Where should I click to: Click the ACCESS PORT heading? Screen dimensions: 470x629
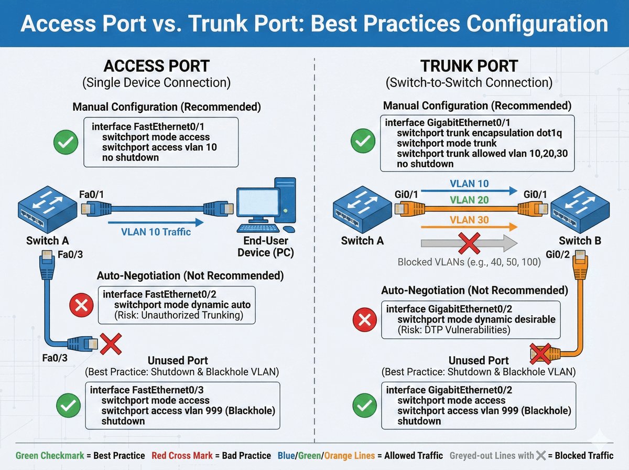pos(157,66)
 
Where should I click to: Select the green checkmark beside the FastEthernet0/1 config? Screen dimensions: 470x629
pos(66,142)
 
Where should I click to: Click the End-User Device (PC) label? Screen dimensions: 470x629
pos(266,247)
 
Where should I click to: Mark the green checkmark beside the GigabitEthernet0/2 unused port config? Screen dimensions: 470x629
pos(364,406)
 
